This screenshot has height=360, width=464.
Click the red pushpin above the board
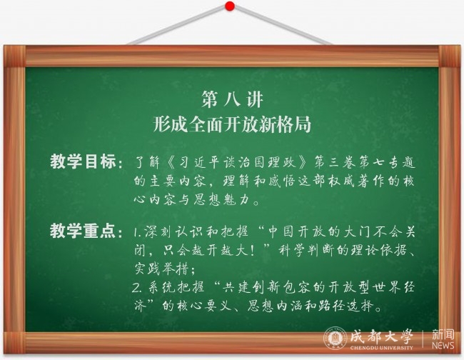pyautogui.click(x=230, y=6)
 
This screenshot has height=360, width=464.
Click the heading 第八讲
pyautogui.click(x=232, y=99)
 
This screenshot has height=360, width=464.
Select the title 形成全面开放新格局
pyautogui.click(x=232, y=124)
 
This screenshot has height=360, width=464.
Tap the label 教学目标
pyautogui.click(x=83, y=161)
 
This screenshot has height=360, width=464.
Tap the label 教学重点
pyautogui.click(x=83, y=231)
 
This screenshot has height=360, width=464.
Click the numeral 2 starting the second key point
pyautogui.click(x=136, y=288)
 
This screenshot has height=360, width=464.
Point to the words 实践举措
pyautogui.click(x=161, y=269)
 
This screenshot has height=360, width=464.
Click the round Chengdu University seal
pyautogui.click(x=336, y=338)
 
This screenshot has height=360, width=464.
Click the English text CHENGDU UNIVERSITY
pyautogui.click(x=381, y=348)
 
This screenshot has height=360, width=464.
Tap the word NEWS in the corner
pyautogui.click(x=443, y=345)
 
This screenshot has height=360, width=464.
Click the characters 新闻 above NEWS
pyautogui.click(x=443, y=334)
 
